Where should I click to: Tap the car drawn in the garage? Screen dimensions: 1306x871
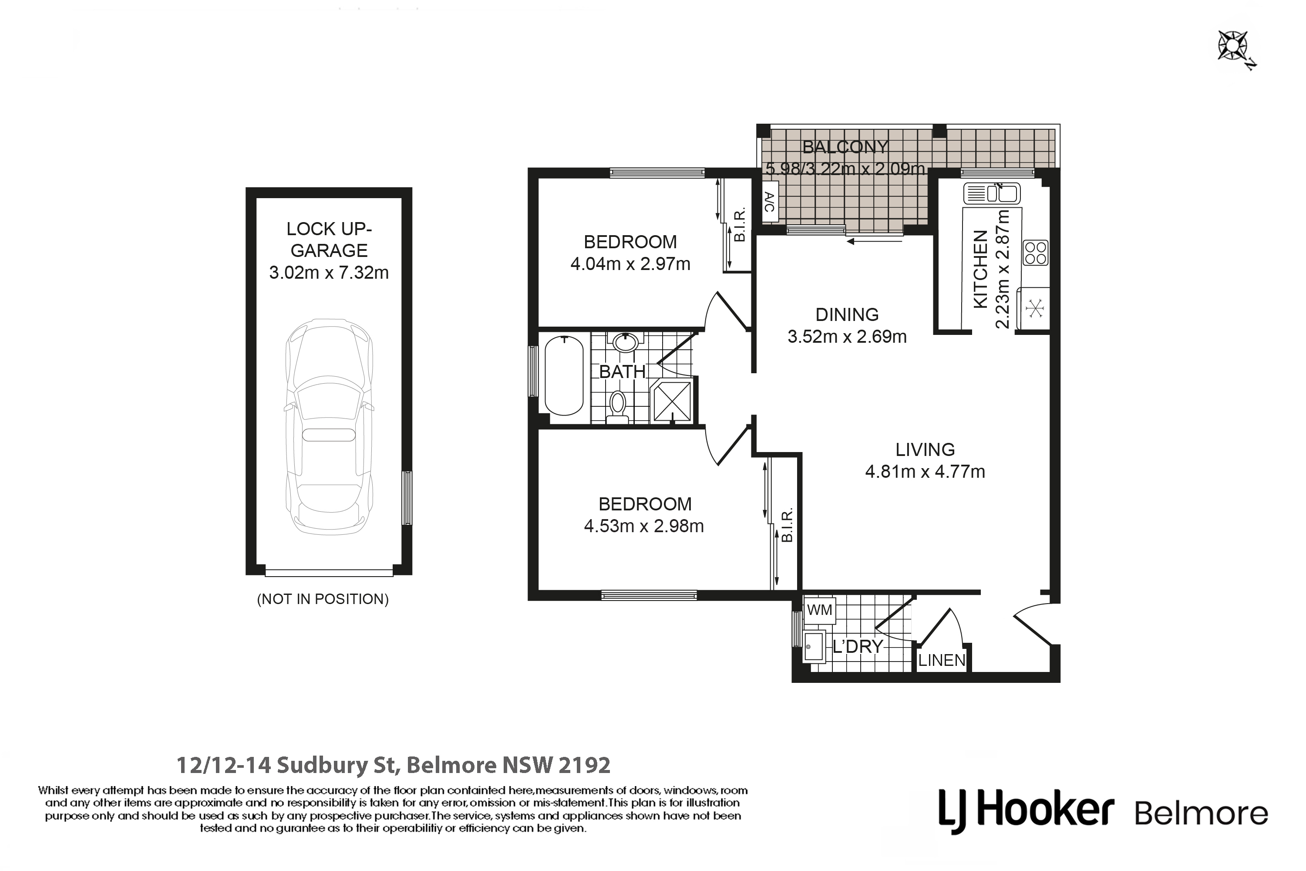point(329,427)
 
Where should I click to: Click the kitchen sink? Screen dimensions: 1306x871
point(992,193)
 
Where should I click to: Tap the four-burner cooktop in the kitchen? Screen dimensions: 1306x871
point(1036,253)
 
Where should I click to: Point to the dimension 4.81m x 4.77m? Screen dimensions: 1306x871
point(925,472)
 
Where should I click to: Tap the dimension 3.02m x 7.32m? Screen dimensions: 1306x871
point(329,273)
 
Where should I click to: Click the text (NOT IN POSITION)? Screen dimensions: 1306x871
point(323,599)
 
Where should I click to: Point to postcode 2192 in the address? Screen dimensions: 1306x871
point(584,766)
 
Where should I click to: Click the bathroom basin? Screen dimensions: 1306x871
point(626,342)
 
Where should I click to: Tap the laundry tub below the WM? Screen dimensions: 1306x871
point(814,646)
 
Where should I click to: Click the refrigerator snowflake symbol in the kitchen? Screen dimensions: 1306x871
point(1035,308)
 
